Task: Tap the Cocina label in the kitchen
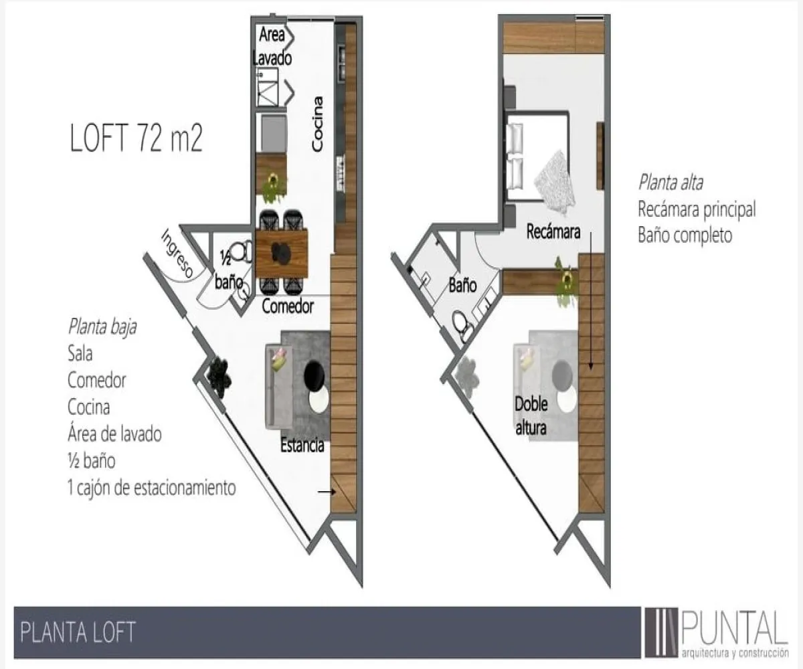click(x=319, y=123)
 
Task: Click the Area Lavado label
click(x=272, y=46)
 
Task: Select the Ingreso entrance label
click(x=178, y=254)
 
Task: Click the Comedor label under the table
click(x=288, y=307)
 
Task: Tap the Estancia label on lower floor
click(x=302, y=445)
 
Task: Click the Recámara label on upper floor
click(x=553, y=232)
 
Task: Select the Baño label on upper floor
click(x=462, y=286)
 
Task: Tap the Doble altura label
click(x=531, y=415)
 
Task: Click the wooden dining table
click(x=282, y=253)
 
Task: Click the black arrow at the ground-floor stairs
click(x=326, y=492)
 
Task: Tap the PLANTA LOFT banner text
click(x=78, y=632)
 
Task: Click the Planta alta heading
click(x=670, y=182)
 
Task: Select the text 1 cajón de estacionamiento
click(x=151, y=488)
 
